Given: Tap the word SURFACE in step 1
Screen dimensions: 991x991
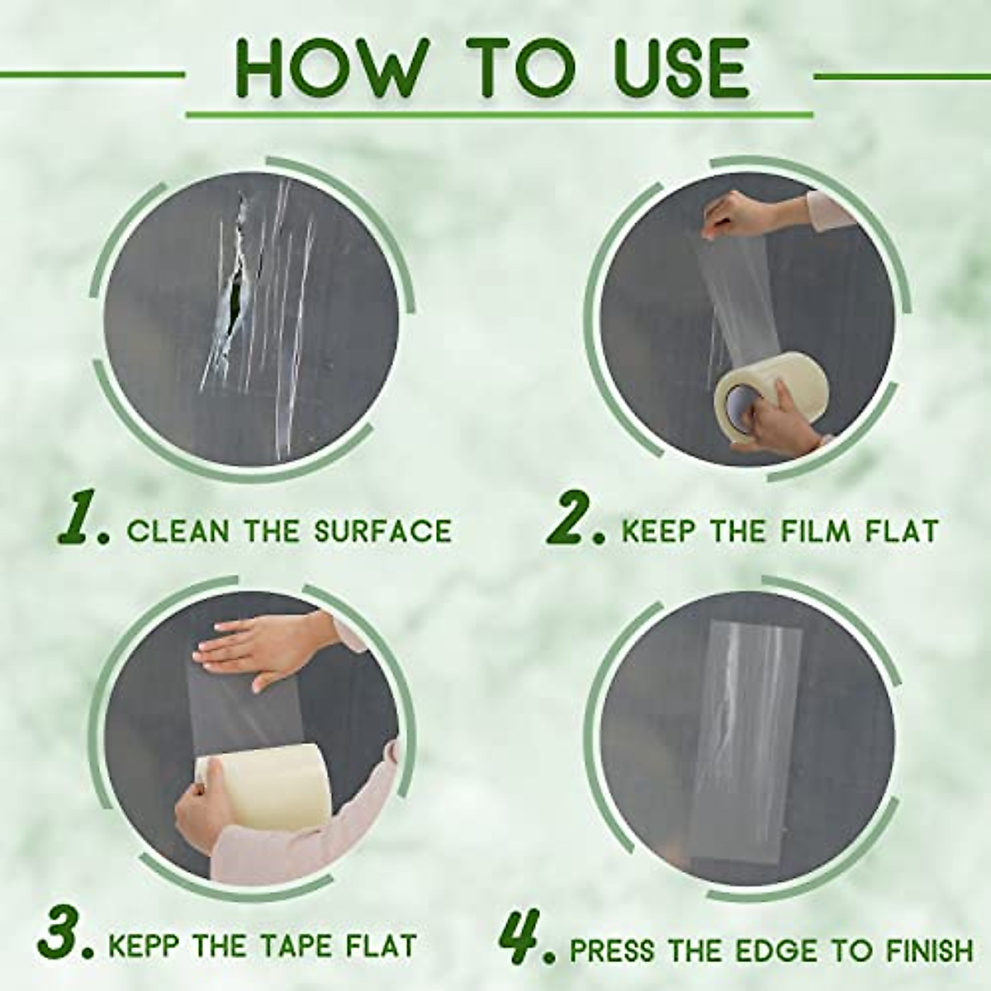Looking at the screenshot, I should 383,530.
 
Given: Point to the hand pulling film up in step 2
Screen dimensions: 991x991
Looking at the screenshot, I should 735,219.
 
